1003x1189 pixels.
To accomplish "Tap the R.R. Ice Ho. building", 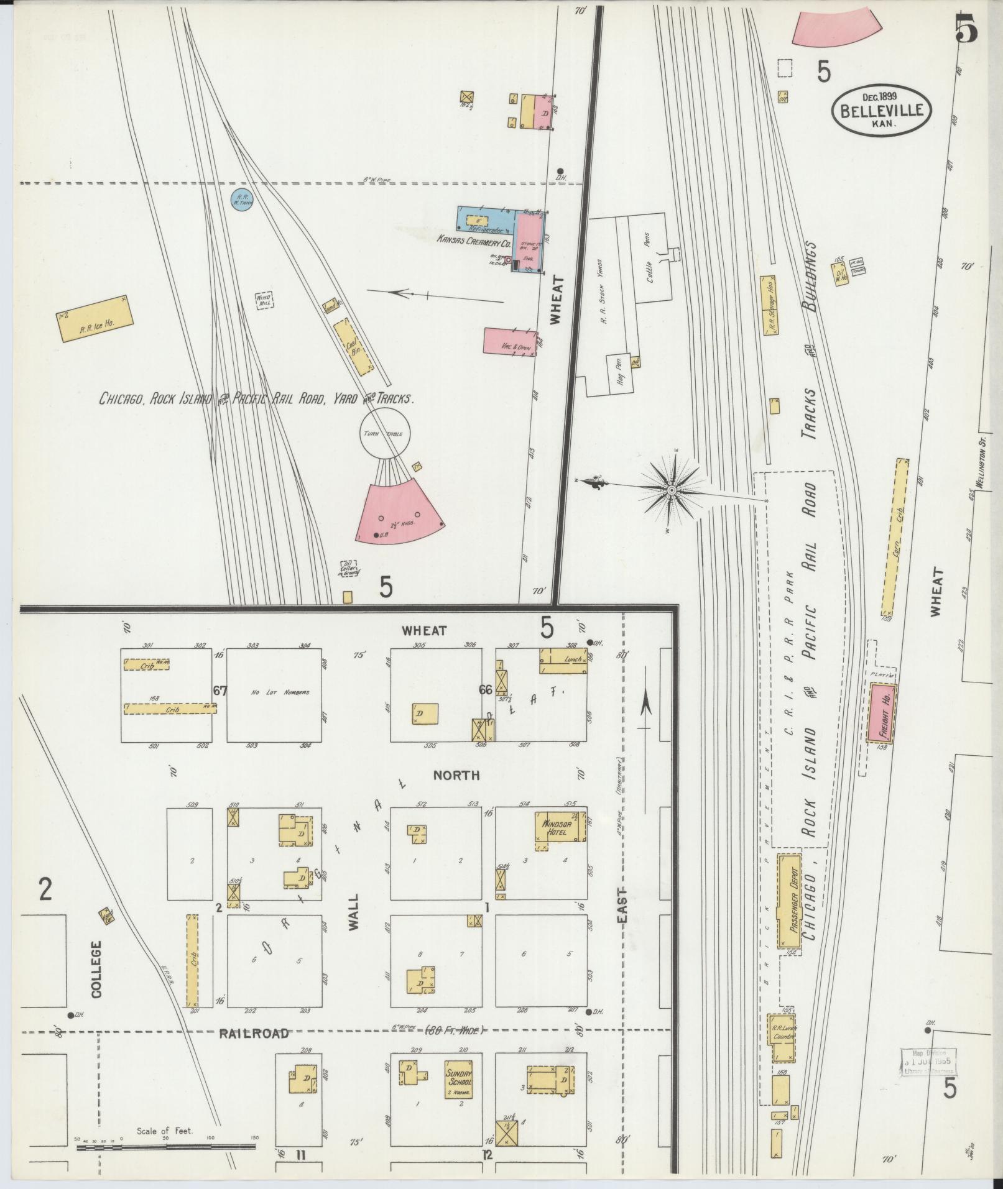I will click(x=95, y=319).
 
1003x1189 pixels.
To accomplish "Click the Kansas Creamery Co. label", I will click(x=473, y=238).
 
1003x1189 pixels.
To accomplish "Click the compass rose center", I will click(x=672, y=491).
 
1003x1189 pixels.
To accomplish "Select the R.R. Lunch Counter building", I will click(x=782, y=1038).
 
